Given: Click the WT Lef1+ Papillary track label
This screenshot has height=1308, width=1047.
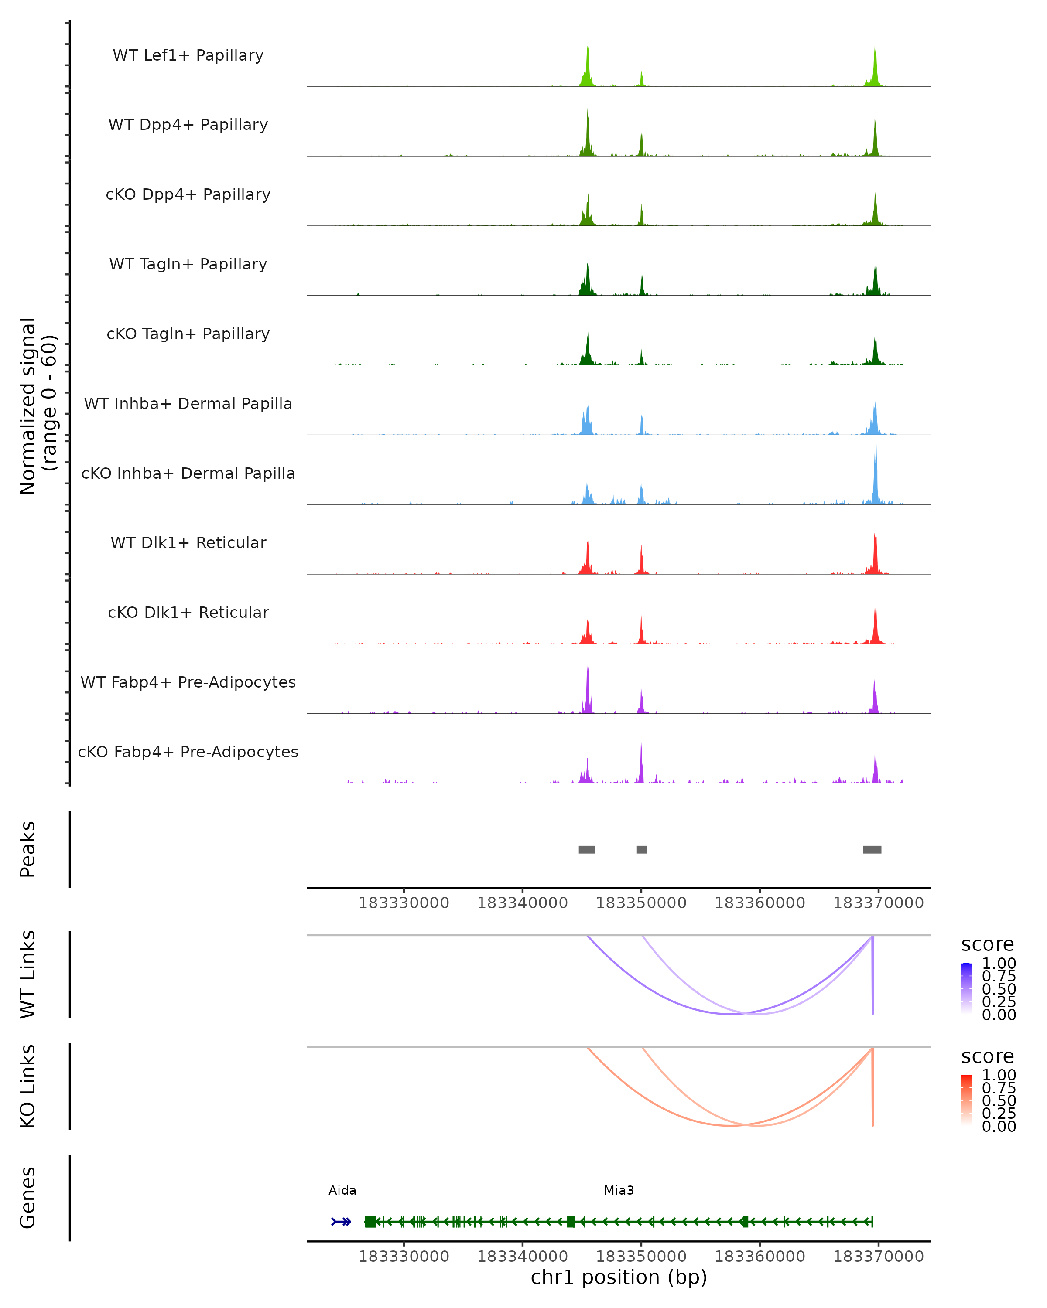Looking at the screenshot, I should tap(188, 55).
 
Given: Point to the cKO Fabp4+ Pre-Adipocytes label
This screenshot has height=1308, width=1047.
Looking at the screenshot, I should tap(188, 752).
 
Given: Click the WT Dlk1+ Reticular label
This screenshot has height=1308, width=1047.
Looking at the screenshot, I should tap(188, 542).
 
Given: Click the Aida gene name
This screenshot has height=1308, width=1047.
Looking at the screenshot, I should tap(342, 1190).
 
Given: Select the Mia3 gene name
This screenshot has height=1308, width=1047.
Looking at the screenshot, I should tap(619, 1190).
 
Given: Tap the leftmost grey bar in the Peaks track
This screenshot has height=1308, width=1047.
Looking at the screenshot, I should tap(587, 849).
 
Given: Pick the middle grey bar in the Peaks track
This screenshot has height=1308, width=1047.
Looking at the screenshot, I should tap(642, 849).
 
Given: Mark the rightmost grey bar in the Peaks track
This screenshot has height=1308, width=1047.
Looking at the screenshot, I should tap(872, 849).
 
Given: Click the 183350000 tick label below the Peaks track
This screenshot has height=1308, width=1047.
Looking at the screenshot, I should tap(641, 903).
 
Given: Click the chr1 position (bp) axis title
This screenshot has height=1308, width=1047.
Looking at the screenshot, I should tap(619, 1277).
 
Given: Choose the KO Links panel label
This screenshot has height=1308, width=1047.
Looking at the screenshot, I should tap(28, 1087).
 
